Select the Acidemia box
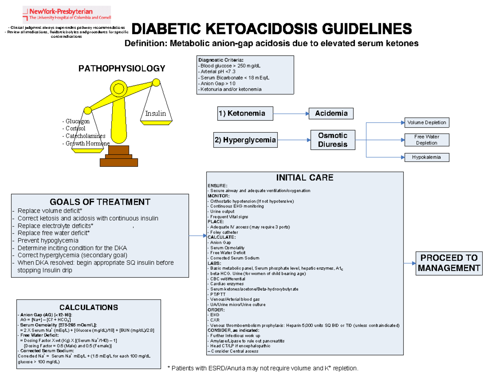(331, 113)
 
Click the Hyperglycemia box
(245, 140)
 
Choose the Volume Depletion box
(427, 122)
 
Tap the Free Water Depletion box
(427, 139)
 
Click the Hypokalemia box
(427, 157)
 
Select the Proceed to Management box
(449, 263)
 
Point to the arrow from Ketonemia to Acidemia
(291, 114)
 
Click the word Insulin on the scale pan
(155, 113)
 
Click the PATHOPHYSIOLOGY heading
(122, 68)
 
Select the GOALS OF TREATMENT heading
(100, 202)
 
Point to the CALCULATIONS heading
(89, 307)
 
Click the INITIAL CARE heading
(305, 178)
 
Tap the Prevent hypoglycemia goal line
(48, 240)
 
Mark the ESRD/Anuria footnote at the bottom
(264, 368)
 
